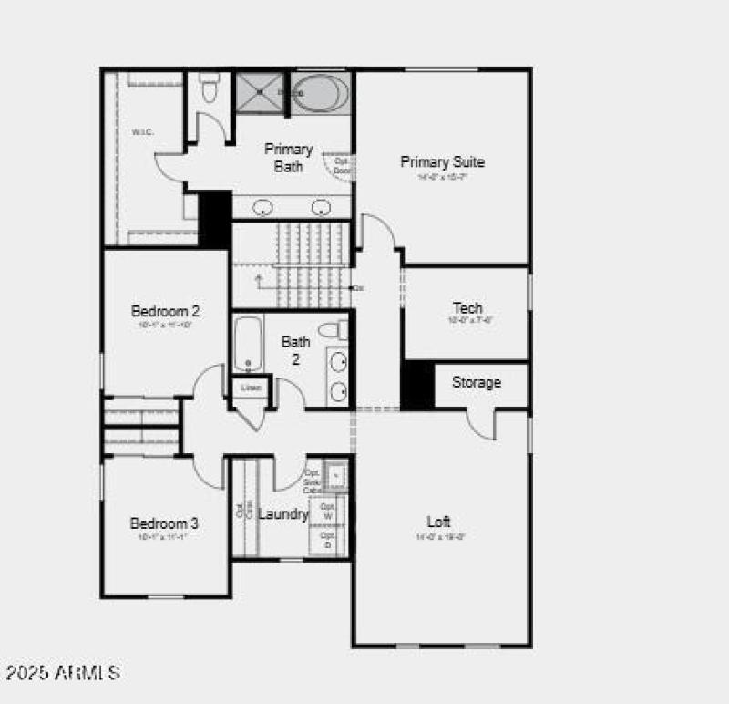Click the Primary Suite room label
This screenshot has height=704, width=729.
[442, 162]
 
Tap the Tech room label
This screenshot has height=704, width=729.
[467, 308]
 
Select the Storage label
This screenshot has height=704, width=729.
[476, 382]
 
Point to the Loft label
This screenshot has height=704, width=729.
[438, 522]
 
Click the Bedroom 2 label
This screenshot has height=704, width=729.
[165, 311]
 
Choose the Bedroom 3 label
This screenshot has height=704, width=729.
[164, 523]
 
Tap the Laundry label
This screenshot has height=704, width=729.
[282, 514]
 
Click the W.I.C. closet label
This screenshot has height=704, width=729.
[143, 132]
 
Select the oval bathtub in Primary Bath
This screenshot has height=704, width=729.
[320, 94]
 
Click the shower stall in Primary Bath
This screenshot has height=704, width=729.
[261, 92]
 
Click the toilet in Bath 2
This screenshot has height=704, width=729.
[334, 330]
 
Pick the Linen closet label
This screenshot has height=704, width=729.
[251, 388]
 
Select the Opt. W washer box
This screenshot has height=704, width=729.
[328, 510]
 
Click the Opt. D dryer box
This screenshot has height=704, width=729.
[328, 540]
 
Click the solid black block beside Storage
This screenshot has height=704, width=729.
[417, 385]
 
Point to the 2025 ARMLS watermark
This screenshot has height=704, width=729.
[63, 673]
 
